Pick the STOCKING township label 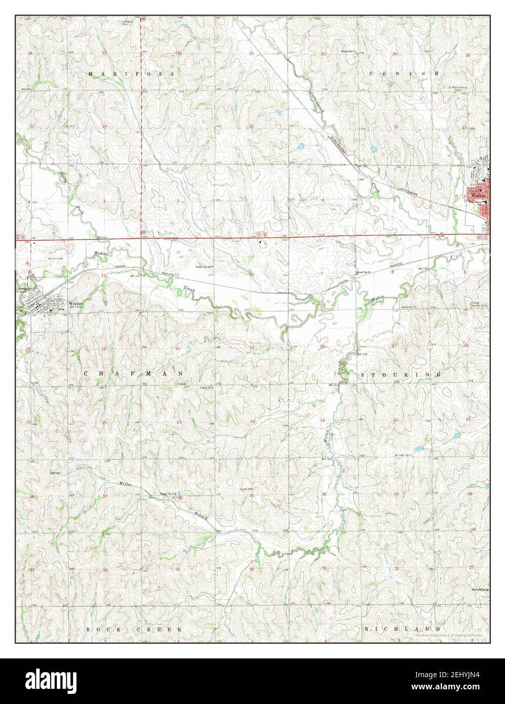[401, 375]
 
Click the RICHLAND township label [400, 629]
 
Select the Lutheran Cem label [128, 23]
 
